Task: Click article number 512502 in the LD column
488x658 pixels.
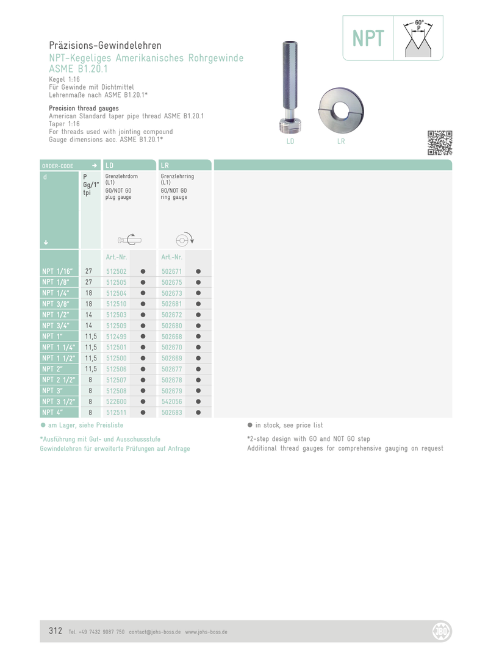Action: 116,271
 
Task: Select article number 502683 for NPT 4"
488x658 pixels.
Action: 171,413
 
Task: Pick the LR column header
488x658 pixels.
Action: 165,165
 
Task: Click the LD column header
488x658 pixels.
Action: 110,165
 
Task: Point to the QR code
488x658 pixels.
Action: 440,143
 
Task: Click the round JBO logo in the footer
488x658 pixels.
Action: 440,631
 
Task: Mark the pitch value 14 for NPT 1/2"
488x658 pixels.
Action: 88,315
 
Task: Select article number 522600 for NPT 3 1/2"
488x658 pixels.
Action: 116,402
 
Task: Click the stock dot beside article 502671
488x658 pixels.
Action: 199,271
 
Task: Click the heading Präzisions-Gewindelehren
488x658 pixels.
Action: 105,46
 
